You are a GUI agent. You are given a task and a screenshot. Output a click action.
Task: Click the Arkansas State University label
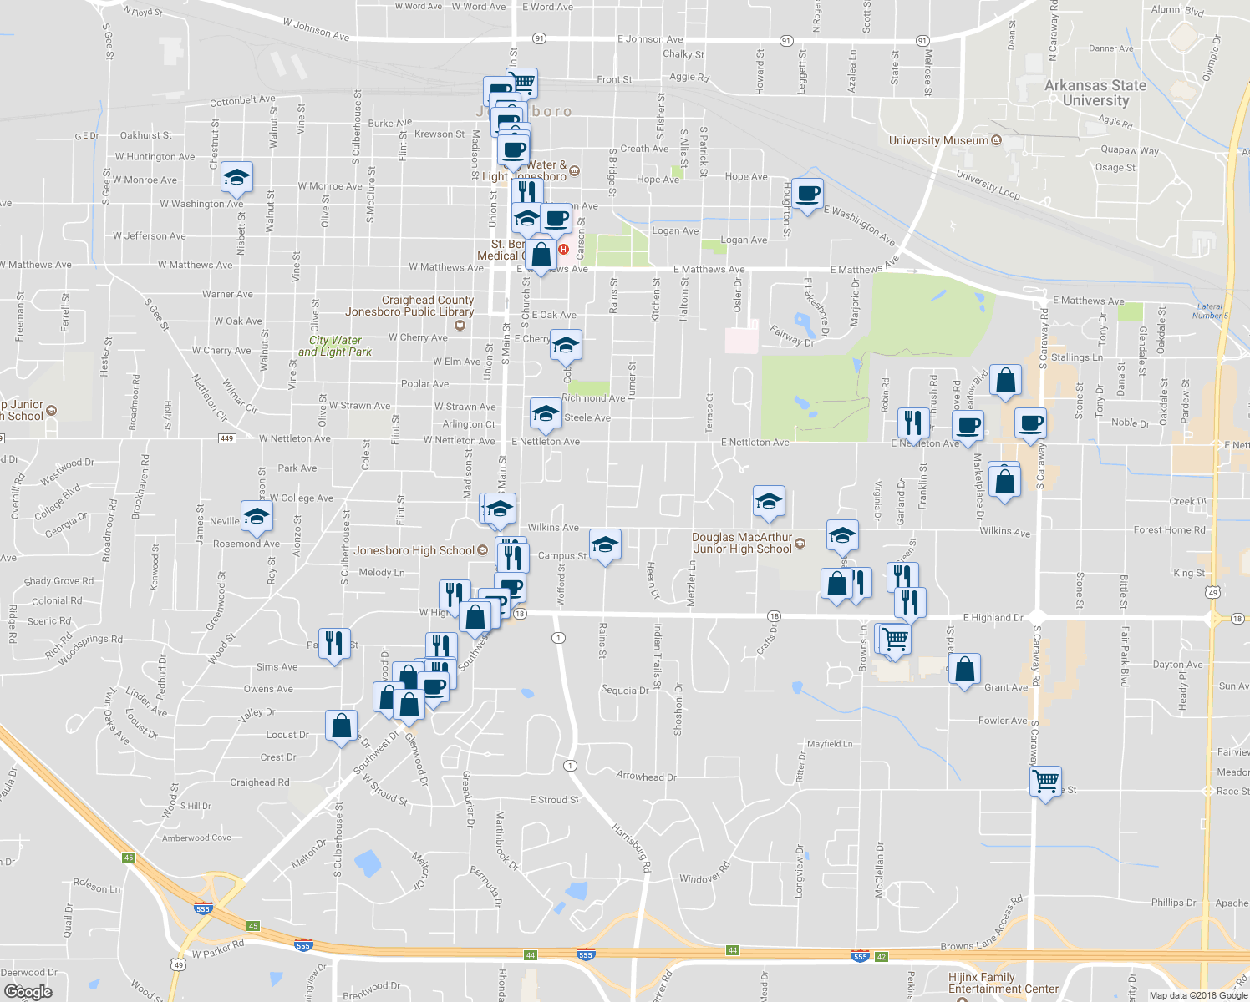tap(1095, 93)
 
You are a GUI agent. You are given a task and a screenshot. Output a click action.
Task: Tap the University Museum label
tap(938, 140)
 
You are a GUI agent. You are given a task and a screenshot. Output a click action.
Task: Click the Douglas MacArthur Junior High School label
tap(742, 543)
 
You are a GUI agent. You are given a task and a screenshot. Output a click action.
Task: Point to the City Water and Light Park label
tap(335, 346)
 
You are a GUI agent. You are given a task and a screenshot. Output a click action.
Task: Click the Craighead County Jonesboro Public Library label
tap(409, 306)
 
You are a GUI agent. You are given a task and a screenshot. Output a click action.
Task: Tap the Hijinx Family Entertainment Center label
tap(1003, 983)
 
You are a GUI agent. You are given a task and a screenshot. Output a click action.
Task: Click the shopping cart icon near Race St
tap(1046, 782)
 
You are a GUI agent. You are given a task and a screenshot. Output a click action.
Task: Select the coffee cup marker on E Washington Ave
tap(807, 194)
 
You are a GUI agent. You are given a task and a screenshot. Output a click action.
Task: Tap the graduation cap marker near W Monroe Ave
tap(237, 177)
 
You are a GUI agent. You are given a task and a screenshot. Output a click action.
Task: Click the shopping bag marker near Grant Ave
tap(965, 670)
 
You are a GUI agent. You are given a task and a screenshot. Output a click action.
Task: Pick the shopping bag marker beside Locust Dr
tap(341, 726)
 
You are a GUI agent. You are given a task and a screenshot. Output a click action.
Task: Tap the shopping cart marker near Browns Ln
tap(894, 640)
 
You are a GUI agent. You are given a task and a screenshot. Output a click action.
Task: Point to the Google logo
tap(28, 991)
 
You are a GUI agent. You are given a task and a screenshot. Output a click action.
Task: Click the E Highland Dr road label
tap(993, 618)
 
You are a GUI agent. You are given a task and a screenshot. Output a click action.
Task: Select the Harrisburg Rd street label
tap(631, 848)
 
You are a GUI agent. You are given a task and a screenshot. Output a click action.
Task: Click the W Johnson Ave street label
tap(316, 30)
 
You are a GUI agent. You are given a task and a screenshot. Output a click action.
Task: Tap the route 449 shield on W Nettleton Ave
tap(226, 438)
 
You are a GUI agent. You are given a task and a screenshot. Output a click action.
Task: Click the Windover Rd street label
tap(704, 873)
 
